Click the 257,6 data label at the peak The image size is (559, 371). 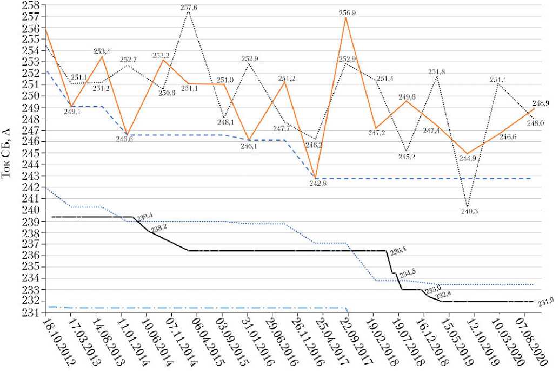[x=188, y=7]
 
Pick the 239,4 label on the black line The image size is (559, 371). [x=144, y=217]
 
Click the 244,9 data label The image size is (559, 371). [x=469, y=160]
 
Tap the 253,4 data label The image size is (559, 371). [x=102, y=51]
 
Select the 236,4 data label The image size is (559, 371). [x=396, y=251]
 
